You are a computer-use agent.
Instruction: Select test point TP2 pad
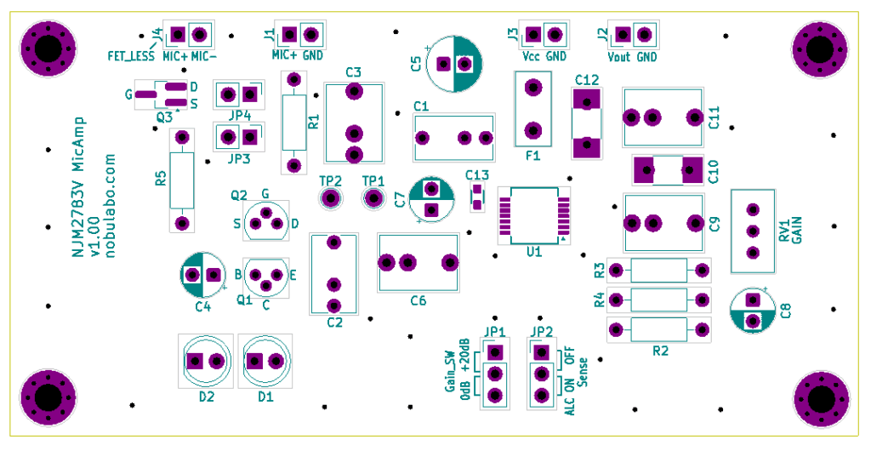click(330, 199)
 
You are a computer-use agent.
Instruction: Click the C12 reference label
click(587, 79)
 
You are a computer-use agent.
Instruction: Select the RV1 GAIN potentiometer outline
click(752, 231)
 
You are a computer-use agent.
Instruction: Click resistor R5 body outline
click(181, 180)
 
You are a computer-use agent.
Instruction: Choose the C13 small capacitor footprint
click(477, 197)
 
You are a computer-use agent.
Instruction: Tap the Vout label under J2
click(618, 56)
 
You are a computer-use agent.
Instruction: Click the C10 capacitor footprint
click(669, 170)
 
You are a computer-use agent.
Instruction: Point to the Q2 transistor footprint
click(265, 221)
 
